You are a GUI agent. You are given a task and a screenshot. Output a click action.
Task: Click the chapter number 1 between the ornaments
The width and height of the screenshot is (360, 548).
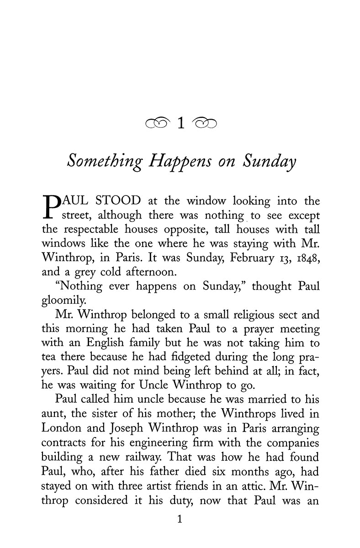click(x=180, y=123)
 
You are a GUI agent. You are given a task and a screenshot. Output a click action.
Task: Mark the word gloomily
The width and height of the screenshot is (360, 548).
click(x=63, y=301)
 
